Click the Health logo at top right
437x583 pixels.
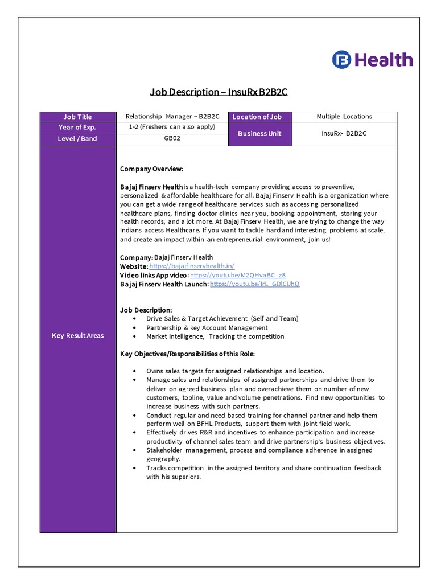coord(373,59)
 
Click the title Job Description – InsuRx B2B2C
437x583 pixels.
coord(218,92)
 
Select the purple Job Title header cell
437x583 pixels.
coord(77,117)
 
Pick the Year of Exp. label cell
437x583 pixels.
coord(77,128)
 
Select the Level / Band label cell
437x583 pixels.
coord(77,138)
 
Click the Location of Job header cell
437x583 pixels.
coord(259,117)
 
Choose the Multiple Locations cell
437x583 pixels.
coord(344,117)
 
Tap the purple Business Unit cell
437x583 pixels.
coord(259,134)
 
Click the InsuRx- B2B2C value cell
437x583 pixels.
coord(344,134)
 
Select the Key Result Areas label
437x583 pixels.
coord(77,336)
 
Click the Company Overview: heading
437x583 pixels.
coord(151,169)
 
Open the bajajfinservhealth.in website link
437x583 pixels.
coord(192,266)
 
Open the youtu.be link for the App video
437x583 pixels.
coord(238,275)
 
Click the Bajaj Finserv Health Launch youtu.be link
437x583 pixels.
coord(254,284)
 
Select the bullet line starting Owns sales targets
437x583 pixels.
coord(235,371)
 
